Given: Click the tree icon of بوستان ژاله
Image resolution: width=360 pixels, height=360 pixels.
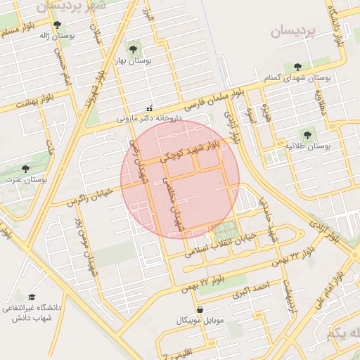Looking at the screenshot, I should click(67, 25).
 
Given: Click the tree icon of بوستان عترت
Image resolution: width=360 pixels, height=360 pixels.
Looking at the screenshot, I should click(26, 169).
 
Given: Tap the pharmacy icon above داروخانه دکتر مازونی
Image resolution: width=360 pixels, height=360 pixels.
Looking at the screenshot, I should click(149, 108).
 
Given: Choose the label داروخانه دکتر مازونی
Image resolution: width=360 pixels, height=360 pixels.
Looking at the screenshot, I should click(149, 119).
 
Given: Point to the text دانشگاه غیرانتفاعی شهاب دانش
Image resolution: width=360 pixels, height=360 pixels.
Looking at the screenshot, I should click(31, 313).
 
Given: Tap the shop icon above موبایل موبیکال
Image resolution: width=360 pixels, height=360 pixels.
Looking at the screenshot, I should click(200, 309).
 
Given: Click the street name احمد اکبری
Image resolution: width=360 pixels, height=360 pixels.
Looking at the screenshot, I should click(251, 289).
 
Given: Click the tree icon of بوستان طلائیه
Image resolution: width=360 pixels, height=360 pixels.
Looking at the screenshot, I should click(307, 134).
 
